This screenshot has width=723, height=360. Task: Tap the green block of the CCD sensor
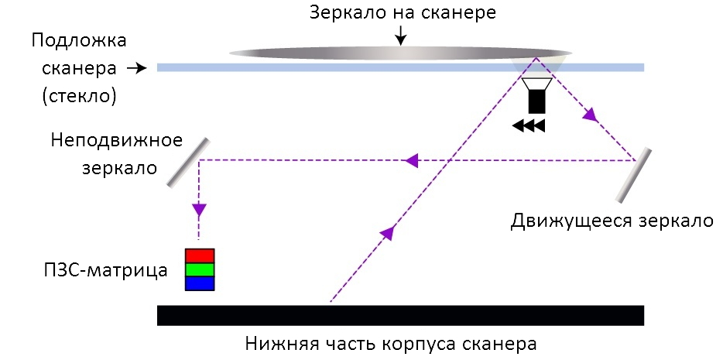[x=199, y=270]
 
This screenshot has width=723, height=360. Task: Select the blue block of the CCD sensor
[x=199, y=284]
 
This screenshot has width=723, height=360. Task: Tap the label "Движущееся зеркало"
[x=611, y=220]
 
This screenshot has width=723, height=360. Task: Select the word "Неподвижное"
[x=117, y=141]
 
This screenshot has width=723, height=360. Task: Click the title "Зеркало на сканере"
[x=401, y=12]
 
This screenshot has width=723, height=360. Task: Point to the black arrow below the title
[x=400, y=34]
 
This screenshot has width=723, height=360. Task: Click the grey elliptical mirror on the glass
[x=400, y=53]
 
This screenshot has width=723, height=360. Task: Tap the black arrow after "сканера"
[x=136, y=68]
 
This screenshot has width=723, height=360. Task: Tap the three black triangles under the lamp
[x=529, y=125]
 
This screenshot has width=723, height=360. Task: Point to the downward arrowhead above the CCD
[x=199, y=209]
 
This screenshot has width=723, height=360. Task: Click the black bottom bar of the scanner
[x=400, y=315]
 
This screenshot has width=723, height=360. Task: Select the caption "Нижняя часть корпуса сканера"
[x=391, y=343]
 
